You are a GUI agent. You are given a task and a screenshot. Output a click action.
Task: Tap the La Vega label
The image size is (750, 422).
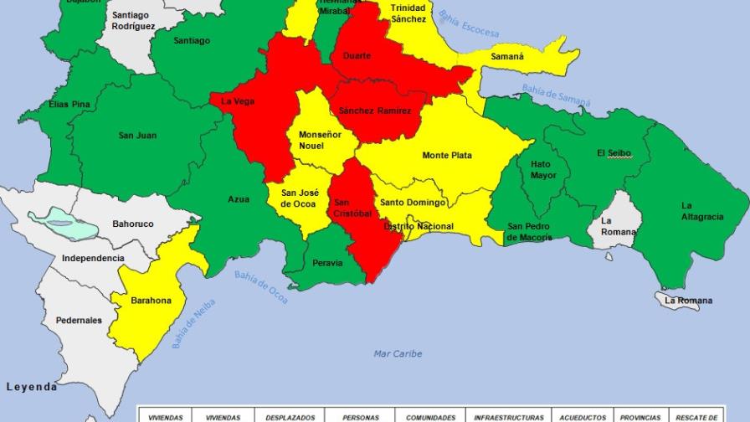click(x=238, y=102)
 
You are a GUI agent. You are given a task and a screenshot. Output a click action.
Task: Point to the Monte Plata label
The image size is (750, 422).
click(x=447, y=156)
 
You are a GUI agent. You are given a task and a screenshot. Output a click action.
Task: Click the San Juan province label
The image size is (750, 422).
click(x=137, y=136)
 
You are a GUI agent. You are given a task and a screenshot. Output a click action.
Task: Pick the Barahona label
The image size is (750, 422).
click(x=151, y=301)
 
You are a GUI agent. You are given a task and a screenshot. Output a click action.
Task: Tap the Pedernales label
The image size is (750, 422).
click(x=79, y=321)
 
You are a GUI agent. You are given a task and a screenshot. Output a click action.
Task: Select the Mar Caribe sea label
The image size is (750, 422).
click(x=398, y=354)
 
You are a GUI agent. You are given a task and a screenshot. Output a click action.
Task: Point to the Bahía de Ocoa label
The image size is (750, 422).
click(x=261, y=287)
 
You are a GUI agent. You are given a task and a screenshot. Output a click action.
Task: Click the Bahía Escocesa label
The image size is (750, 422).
click(x=469, y=25)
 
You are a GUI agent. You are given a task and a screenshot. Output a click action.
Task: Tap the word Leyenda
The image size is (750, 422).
click(x=32, y=387)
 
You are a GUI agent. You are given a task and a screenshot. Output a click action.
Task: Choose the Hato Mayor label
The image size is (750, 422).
click(x=542, y=170)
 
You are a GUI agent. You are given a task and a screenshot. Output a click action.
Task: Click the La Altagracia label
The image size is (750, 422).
click(x=702, y=211)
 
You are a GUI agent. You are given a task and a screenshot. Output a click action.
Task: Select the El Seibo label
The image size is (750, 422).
click(x=614, y=153)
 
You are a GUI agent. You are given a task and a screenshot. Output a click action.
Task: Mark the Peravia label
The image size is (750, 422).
click(x=327, y=263)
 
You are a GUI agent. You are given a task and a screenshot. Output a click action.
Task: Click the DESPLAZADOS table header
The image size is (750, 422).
click(x=290, y=417)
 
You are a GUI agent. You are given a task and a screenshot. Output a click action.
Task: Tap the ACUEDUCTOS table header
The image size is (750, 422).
click(x=583, y=417)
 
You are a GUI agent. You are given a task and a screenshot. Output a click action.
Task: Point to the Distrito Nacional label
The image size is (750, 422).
click(x=419, y=227)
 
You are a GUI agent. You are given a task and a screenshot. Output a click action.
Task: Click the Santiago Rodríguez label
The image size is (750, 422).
click(x=133, y=21)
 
